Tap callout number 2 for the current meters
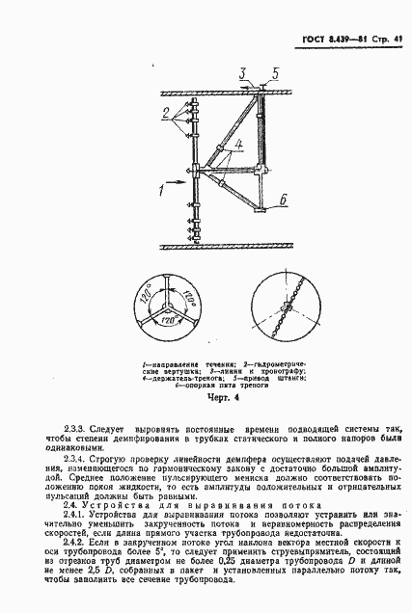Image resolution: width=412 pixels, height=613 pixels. coord(167,111)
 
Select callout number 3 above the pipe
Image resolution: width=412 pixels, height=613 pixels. coord(243,73)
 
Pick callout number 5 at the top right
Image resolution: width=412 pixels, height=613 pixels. coord(275,73)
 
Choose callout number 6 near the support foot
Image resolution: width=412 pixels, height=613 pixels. coord(285,199)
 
